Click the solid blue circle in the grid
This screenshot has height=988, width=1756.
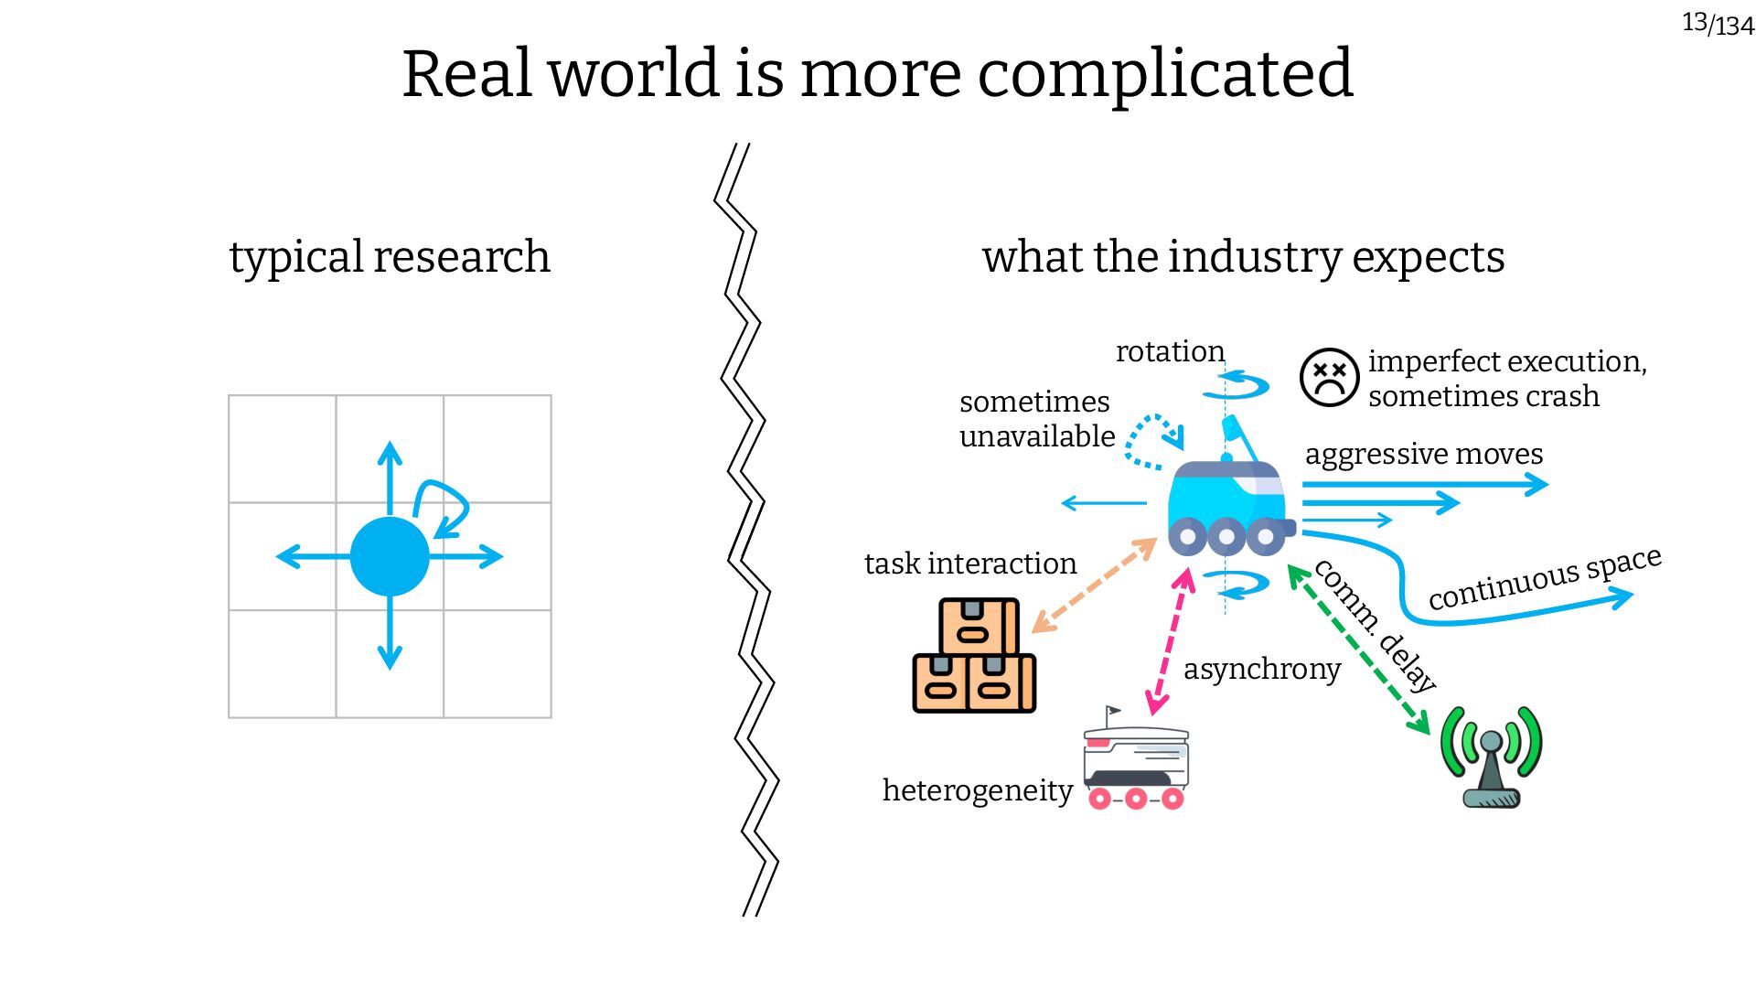pyautogui.click(x=390, y=556)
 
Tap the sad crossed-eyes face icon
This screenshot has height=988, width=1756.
pyautogui.click(x=1328, y=377)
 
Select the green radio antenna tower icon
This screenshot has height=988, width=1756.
pyautogui.click(x=1491, y=757)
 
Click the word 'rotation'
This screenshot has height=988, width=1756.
pyautogui.click(x=1170, y=351)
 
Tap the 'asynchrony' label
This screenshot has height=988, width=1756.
pyautogui.click(x=1262, y=669)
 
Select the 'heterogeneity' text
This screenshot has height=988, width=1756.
pyautogui.click(x=977, y=790)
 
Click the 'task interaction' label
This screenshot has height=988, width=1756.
pyautogui.click(x=970, y=564)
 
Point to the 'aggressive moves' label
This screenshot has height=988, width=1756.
pyautogui.click(x=1423, y=454)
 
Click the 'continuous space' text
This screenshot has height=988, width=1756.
pyautogui.click(x=1544, y=578)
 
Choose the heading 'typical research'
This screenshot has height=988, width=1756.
pyautogui.click(x=390, y=257)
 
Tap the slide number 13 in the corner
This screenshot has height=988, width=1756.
pyautogui.click(x=1695, y=21)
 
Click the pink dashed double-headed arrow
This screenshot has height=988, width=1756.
pyautogui.click(x=1171, y=640)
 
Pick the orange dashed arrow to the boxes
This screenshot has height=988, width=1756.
pyautogui.click(x=1094, y=585)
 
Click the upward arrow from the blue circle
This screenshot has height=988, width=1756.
pyautogui.click(x=390, y=476)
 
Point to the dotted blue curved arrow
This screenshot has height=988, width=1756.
pyautogui.click(x=1150, y=439)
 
